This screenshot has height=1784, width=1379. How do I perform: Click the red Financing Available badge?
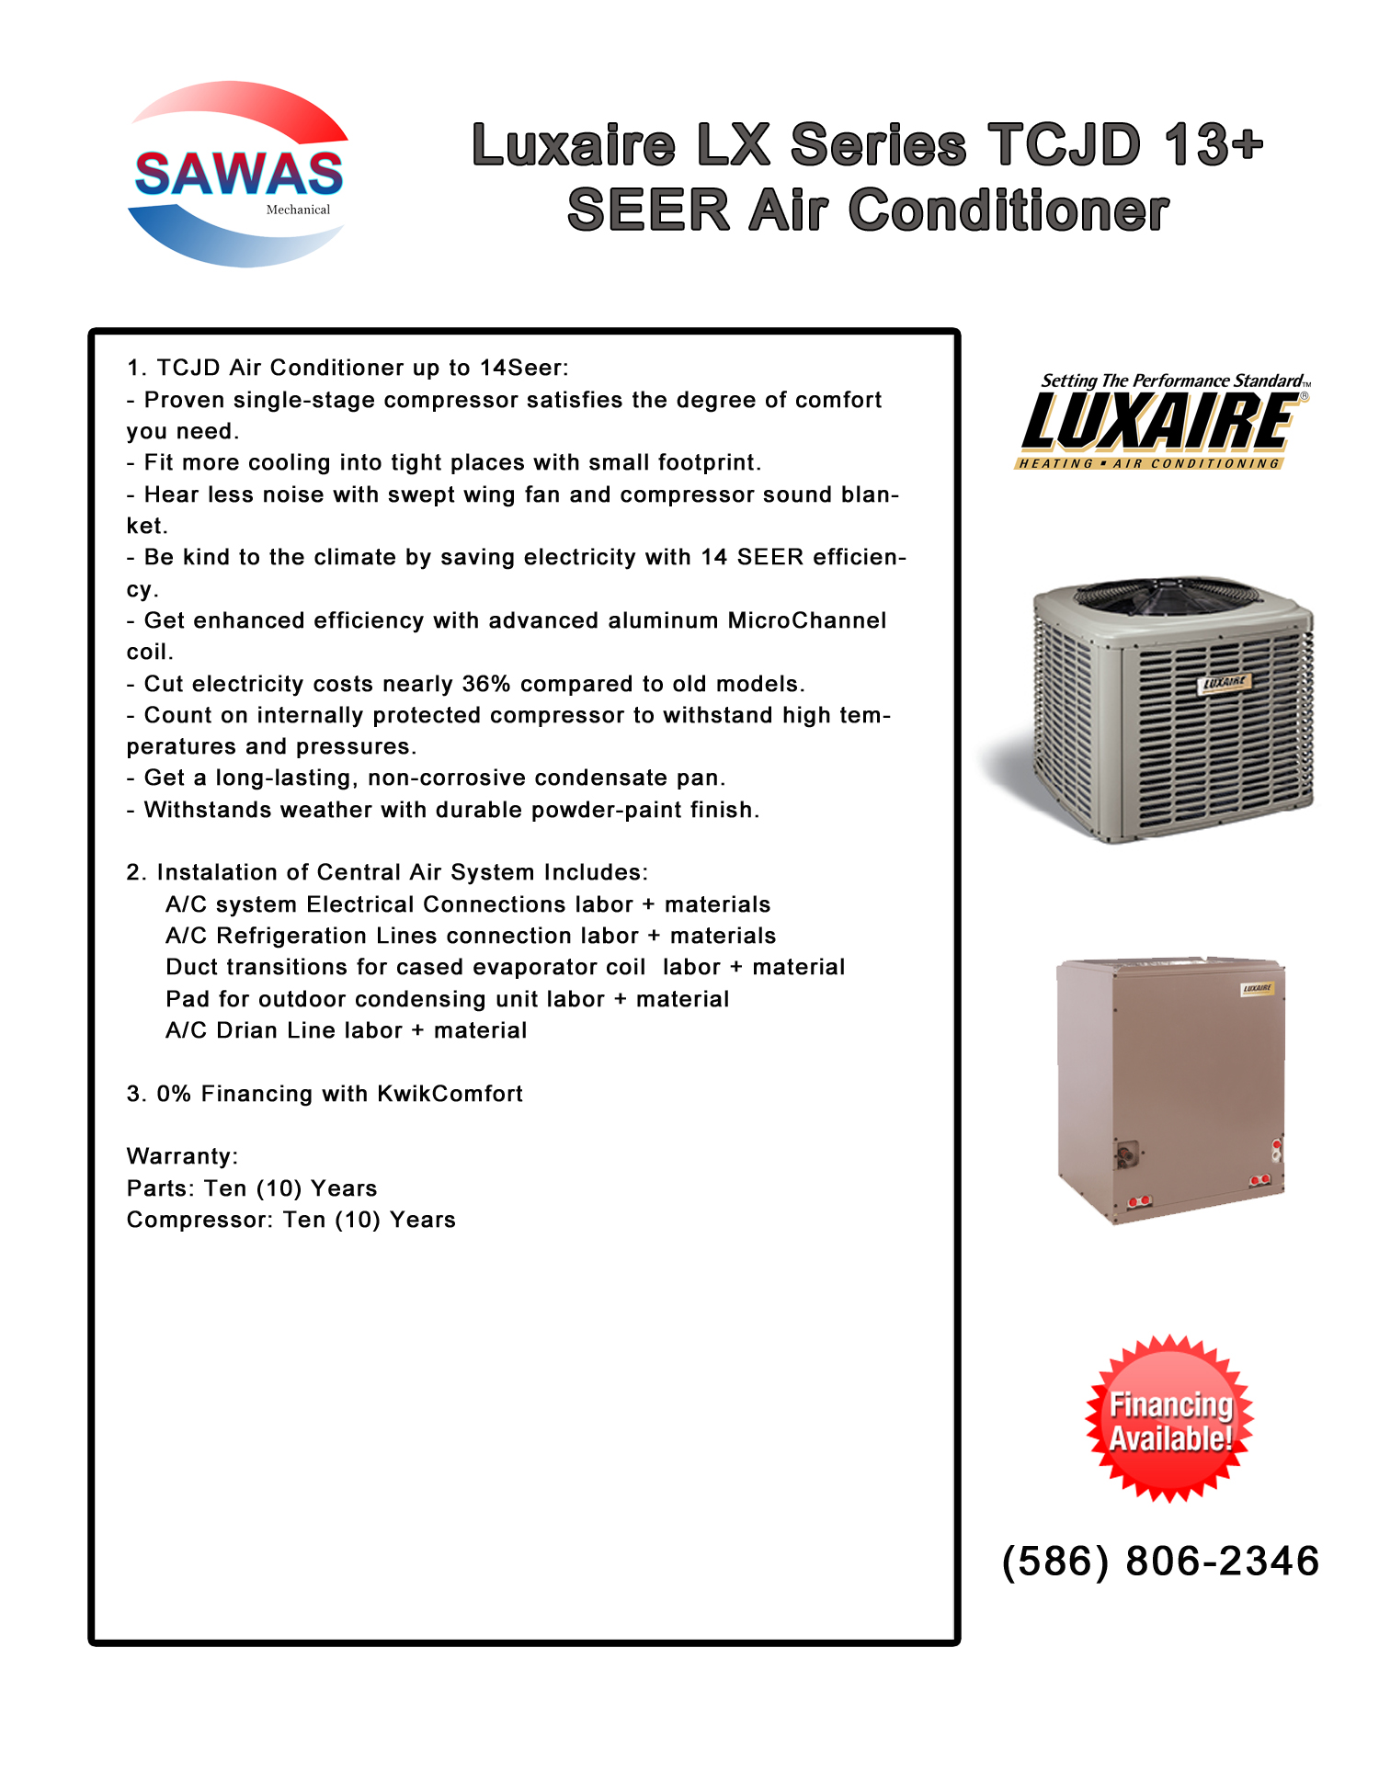coord(1169,1419)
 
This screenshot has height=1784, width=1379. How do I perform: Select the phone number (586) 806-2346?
coord(1160,1562)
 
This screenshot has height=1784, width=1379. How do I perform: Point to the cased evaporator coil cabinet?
coord(1169,1089)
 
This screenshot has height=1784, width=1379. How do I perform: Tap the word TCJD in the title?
coord(1064,145)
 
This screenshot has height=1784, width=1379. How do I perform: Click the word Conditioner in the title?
coord(1009,210)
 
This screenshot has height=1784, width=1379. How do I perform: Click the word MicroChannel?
coord(806,620)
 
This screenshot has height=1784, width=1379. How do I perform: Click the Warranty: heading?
coord(182,1156)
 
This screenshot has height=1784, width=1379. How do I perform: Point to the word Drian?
coord(247,1030)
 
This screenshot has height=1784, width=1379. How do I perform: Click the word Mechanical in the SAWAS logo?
coord(298,210)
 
